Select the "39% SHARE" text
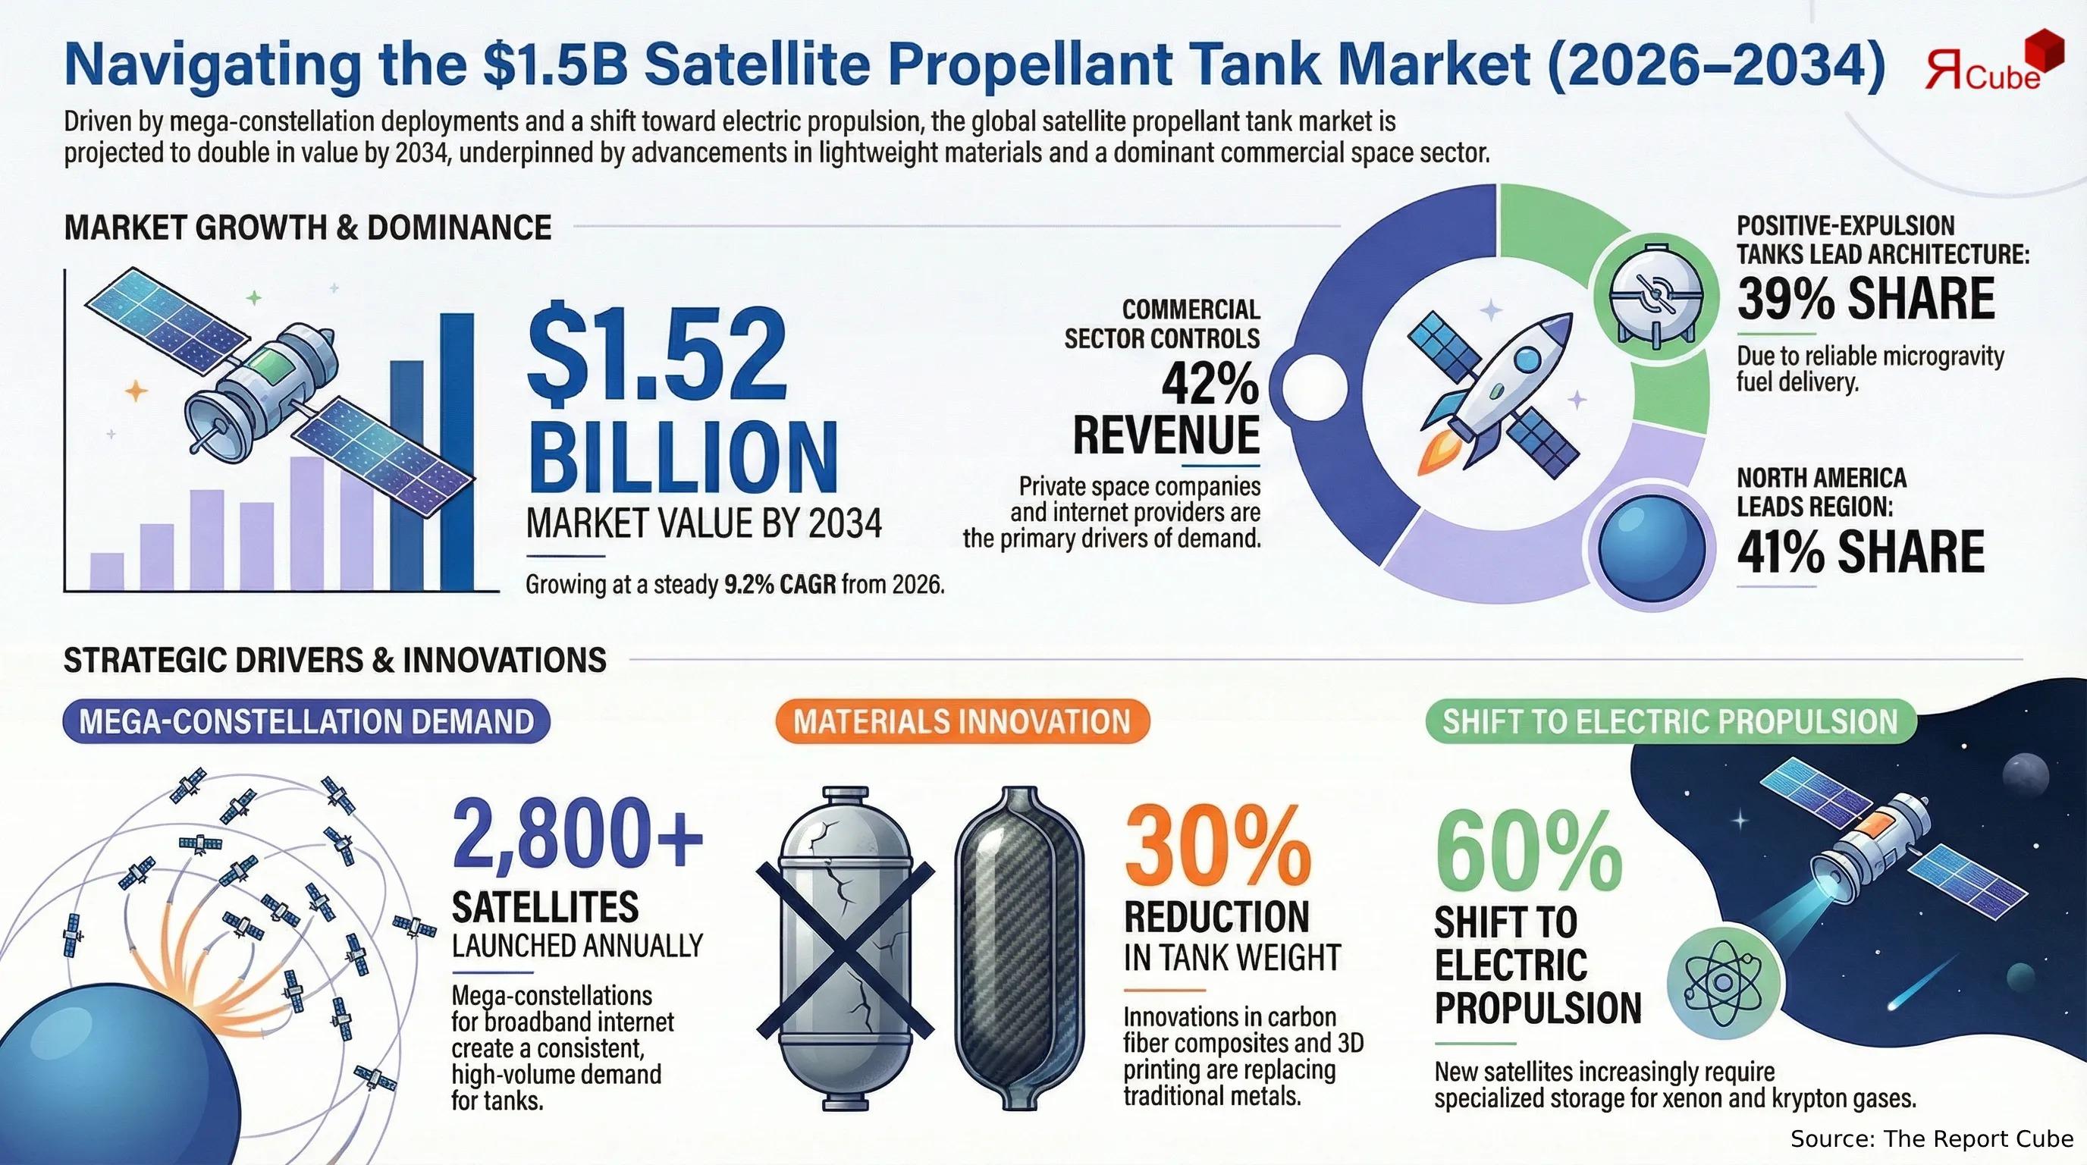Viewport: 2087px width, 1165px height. click(1865, 298)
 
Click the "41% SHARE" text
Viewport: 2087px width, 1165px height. click(1860, 551)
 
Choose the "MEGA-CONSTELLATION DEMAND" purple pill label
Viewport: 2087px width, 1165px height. click(306, 721)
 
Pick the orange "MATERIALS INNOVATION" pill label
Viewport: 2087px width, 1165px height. click(962, 721)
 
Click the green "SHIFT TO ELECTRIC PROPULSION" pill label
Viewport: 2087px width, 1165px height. click(1671, 721)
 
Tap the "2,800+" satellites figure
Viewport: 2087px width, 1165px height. click(578, 843)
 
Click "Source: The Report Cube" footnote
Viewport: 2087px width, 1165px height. click(1932, 1138)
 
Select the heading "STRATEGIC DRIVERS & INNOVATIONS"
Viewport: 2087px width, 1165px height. click(334, 661)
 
